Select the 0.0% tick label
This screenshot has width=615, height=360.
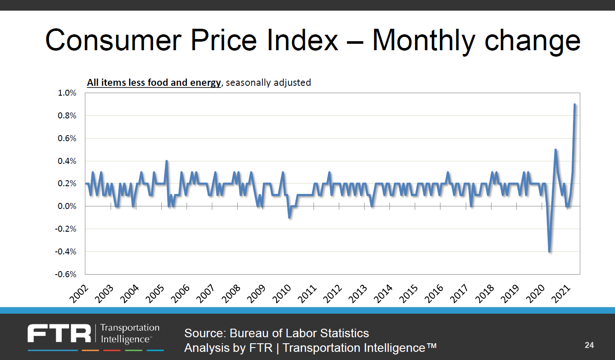66,206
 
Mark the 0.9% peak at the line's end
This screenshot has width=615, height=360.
575,104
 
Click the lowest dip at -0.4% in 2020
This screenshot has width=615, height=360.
549,251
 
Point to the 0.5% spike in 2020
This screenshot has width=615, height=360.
555,150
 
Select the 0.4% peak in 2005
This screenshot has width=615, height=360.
166,161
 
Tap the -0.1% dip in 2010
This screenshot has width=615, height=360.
290,218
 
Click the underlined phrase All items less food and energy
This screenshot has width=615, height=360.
154,82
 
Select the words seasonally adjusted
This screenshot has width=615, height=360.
268,82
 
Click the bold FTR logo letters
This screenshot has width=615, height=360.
60,334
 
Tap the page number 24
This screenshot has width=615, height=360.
589,345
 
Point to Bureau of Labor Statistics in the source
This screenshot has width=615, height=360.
299,333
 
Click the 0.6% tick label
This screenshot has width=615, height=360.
66,139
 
